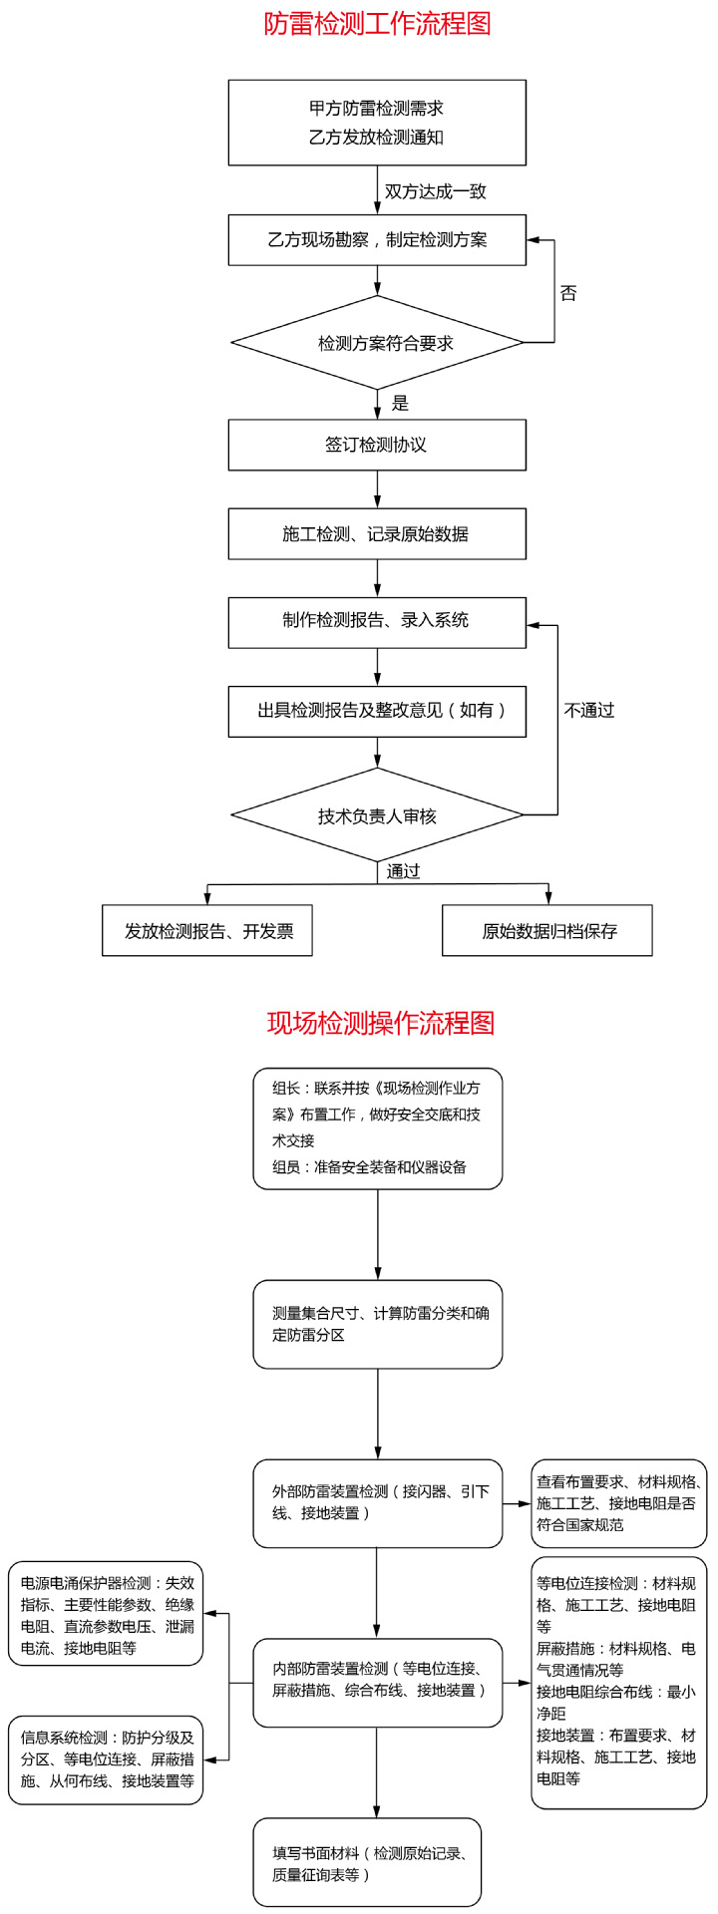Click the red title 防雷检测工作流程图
tap(377, 24)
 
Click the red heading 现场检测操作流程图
tap(380, 1023)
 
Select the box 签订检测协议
tap(377, 445)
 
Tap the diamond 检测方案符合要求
tap(377, 343)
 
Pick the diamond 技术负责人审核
tap(377, 815)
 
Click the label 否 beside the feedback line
tap(567, 293)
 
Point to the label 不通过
tap(588, 710)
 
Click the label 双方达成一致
tap(436, 191)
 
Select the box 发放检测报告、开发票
tap(207, 931)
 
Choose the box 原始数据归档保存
tap(547, 931)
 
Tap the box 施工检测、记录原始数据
tap(377, 534)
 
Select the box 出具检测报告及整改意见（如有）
tap(377, 711)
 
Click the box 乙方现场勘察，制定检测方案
tap(377, 240)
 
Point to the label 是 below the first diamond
tap(401, 404)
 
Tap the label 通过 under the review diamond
tap(404, 871)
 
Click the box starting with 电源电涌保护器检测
tap(107, 1614)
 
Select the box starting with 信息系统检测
tap(107, 1758)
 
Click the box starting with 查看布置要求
tap(618, 1503)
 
